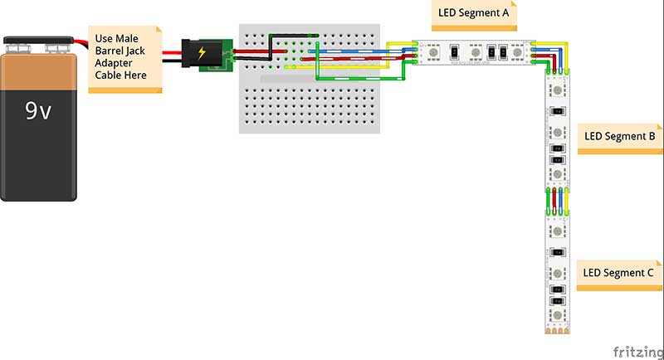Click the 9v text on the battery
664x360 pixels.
pos(39,111)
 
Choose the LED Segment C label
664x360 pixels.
pos(618,272)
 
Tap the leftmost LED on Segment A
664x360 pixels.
pos(432,52)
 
